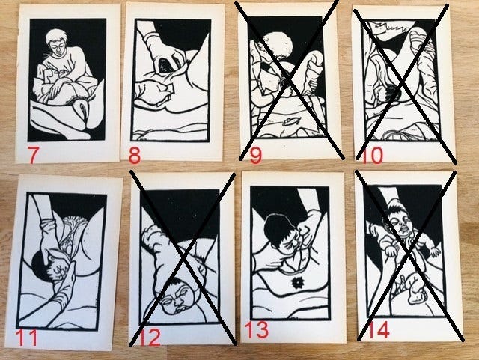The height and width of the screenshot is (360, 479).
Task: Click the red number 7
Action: (33, 155)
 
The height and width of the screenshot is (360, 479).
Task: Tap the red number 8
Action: (135, 155)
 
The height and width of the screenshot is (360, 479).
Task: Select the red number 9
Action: (256, 156)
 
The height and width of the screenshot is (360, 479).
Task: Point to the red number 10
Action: (372, 155)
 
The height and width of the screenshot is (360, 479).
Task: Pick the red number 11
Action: (26, 337)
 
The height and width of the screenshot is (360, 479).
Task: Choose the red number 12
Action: (150, 338)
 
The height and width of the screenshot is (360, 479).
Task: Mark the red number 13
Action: (257, 330)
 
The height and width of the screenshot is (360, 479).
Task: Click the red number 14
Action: (379, 330)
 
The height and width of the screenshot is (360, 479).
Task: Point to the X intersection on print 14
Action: (409, 255)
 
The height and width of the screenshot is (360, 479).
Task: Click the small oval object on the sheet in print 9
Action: (290, 122)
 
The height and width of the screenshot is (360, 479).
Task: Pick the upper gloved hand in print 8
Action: (162, 52)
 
